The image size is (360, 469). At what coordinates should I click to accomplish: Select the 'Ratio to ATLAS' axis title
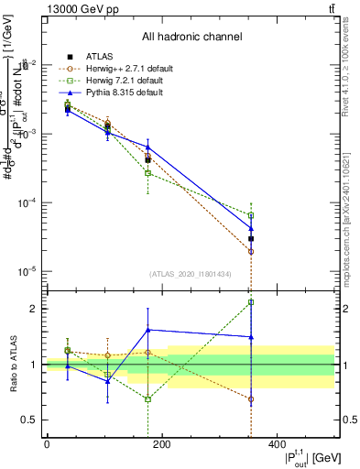coord(13,364)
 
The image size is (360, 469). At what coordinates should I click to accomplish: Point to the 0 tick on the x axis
coord(47,445)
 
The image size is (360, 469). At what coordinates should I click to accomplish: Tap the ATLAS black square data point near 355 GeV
coord(251,239)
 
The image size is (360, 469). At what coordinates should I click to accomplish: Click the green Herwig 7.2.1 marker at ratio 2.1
coord(251,302)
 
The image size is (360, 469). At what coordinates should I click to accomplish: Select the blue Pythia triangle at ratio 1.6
coord(147,330)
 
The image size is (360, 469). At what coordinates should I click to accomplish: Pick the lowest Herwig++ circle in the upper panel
coord(251,251)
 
